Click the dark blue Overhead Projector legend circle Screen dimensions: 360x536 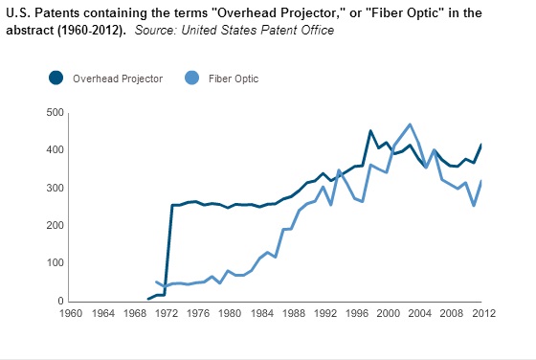click(56, 79)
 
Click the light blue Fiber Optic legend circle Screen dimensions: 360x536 click(191, 79)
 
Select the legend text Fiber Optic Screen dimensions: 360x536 click(234, 79)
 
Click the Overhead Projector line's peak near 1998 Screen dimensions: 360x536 click(370, 131)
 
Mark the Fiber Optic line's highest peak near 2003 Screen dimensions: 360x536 click(410, 124)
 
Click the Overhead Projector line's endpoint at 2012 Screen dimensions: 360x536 click(481, 145)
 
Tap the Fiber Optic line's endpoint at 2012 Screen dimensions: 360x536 click(481, 181)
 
